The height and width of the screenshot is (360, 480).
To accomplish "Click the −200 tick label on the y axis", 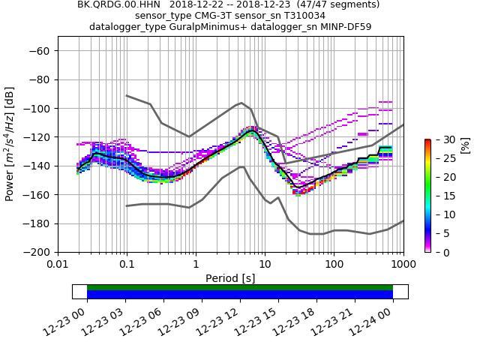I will pos(38,252).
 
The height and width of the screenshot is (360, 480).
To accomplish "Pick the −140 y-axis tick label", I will pos(38,166).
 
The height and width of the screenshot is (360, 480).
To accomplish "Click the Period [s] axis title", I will pos(230,278).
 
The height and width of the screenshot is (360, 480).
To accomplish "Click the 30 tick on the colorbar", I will pos(439,139).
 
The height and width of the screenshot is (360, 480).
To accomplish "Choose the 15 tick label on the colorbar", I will pos(439,196).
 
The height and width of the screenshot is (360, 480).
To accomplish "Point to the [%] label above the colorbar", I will pos(466,144).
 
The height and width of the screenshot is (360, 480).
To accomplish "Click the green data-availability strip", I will pos(240,287).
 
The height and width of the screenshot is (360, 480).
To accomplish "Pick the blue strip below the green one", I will pos(240,295).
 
